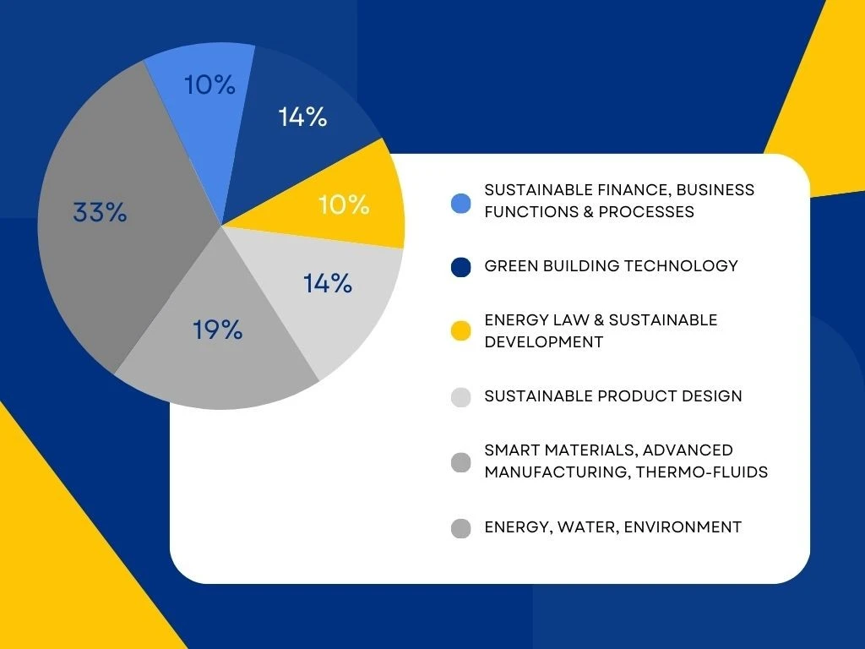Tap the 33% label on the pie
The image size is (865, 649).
click(x=100, y=212)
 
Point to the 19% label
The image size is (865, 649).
click(x=217, y=330)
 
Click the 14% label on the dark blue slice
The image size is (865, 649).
click(x=302, y=117)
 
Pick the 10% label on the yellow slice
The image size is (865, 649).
click(x=344, y=205)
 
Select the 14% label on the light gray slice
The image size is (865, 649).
click(x=328, y=283)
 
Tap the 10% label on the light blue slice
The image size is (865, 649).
click(x=209, y=85)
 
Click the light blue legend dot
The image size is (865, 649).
click(x=460, y=203)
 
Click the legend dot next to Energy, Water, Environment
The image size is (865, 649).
click(x=460, y=529)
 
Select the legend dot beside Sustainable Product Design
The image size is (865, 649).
click(x=460, y=397)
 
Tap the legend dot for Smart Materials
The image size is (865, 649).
click(x=460, y=462)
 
